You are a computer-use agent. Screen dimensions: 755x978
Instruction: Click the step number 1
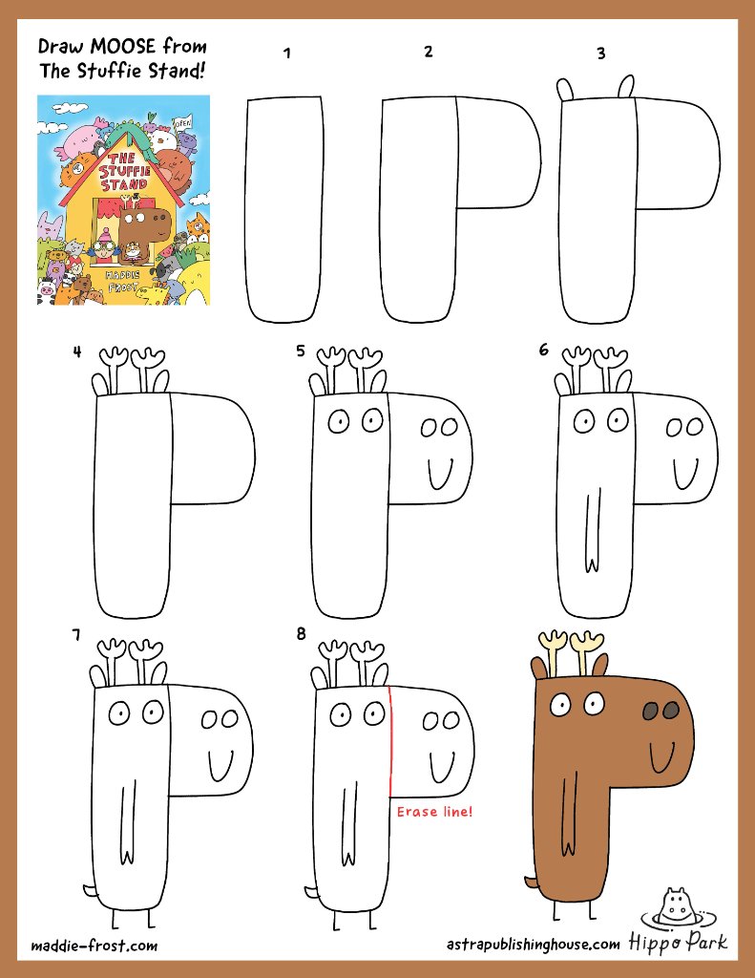point(286,53)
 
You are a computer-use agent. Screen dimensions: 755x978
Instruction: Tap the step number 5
point(301,351)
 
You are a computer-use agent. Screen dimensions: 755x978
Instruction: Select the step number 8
point(301,634)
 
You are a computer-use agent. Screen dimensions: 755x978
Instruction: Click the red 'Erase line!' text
point(434,812)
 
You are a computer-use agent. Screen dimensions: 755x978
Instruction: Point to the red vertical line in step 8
point(390,741)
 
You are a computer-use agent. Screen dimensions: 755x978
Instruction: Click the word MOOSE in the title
point(123,46)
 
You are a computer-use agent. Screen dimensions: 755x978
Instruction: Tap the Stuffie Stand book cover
point(123,201)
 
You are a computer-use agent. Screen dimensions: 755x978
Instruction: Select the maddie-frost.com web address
point(94,946)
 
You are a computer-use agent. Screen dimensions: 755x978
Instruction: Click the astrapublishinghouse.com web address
point(533,945)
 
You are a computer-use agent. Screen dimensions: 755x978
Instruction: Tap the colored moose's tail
point(531,882)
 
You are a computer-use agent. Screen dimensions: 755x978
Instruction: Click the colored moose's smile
point(661,756)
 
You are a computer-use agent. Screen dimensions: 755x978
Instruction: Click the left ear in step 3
point(564,89)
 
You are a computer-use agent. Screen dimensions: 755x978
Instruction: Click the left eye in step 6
point(584,421)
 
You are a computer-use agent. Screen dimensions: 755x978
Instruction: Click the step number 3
point(601,53)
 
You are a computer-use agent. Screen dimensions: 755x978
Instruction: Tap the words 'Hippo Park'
point(678,942)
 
